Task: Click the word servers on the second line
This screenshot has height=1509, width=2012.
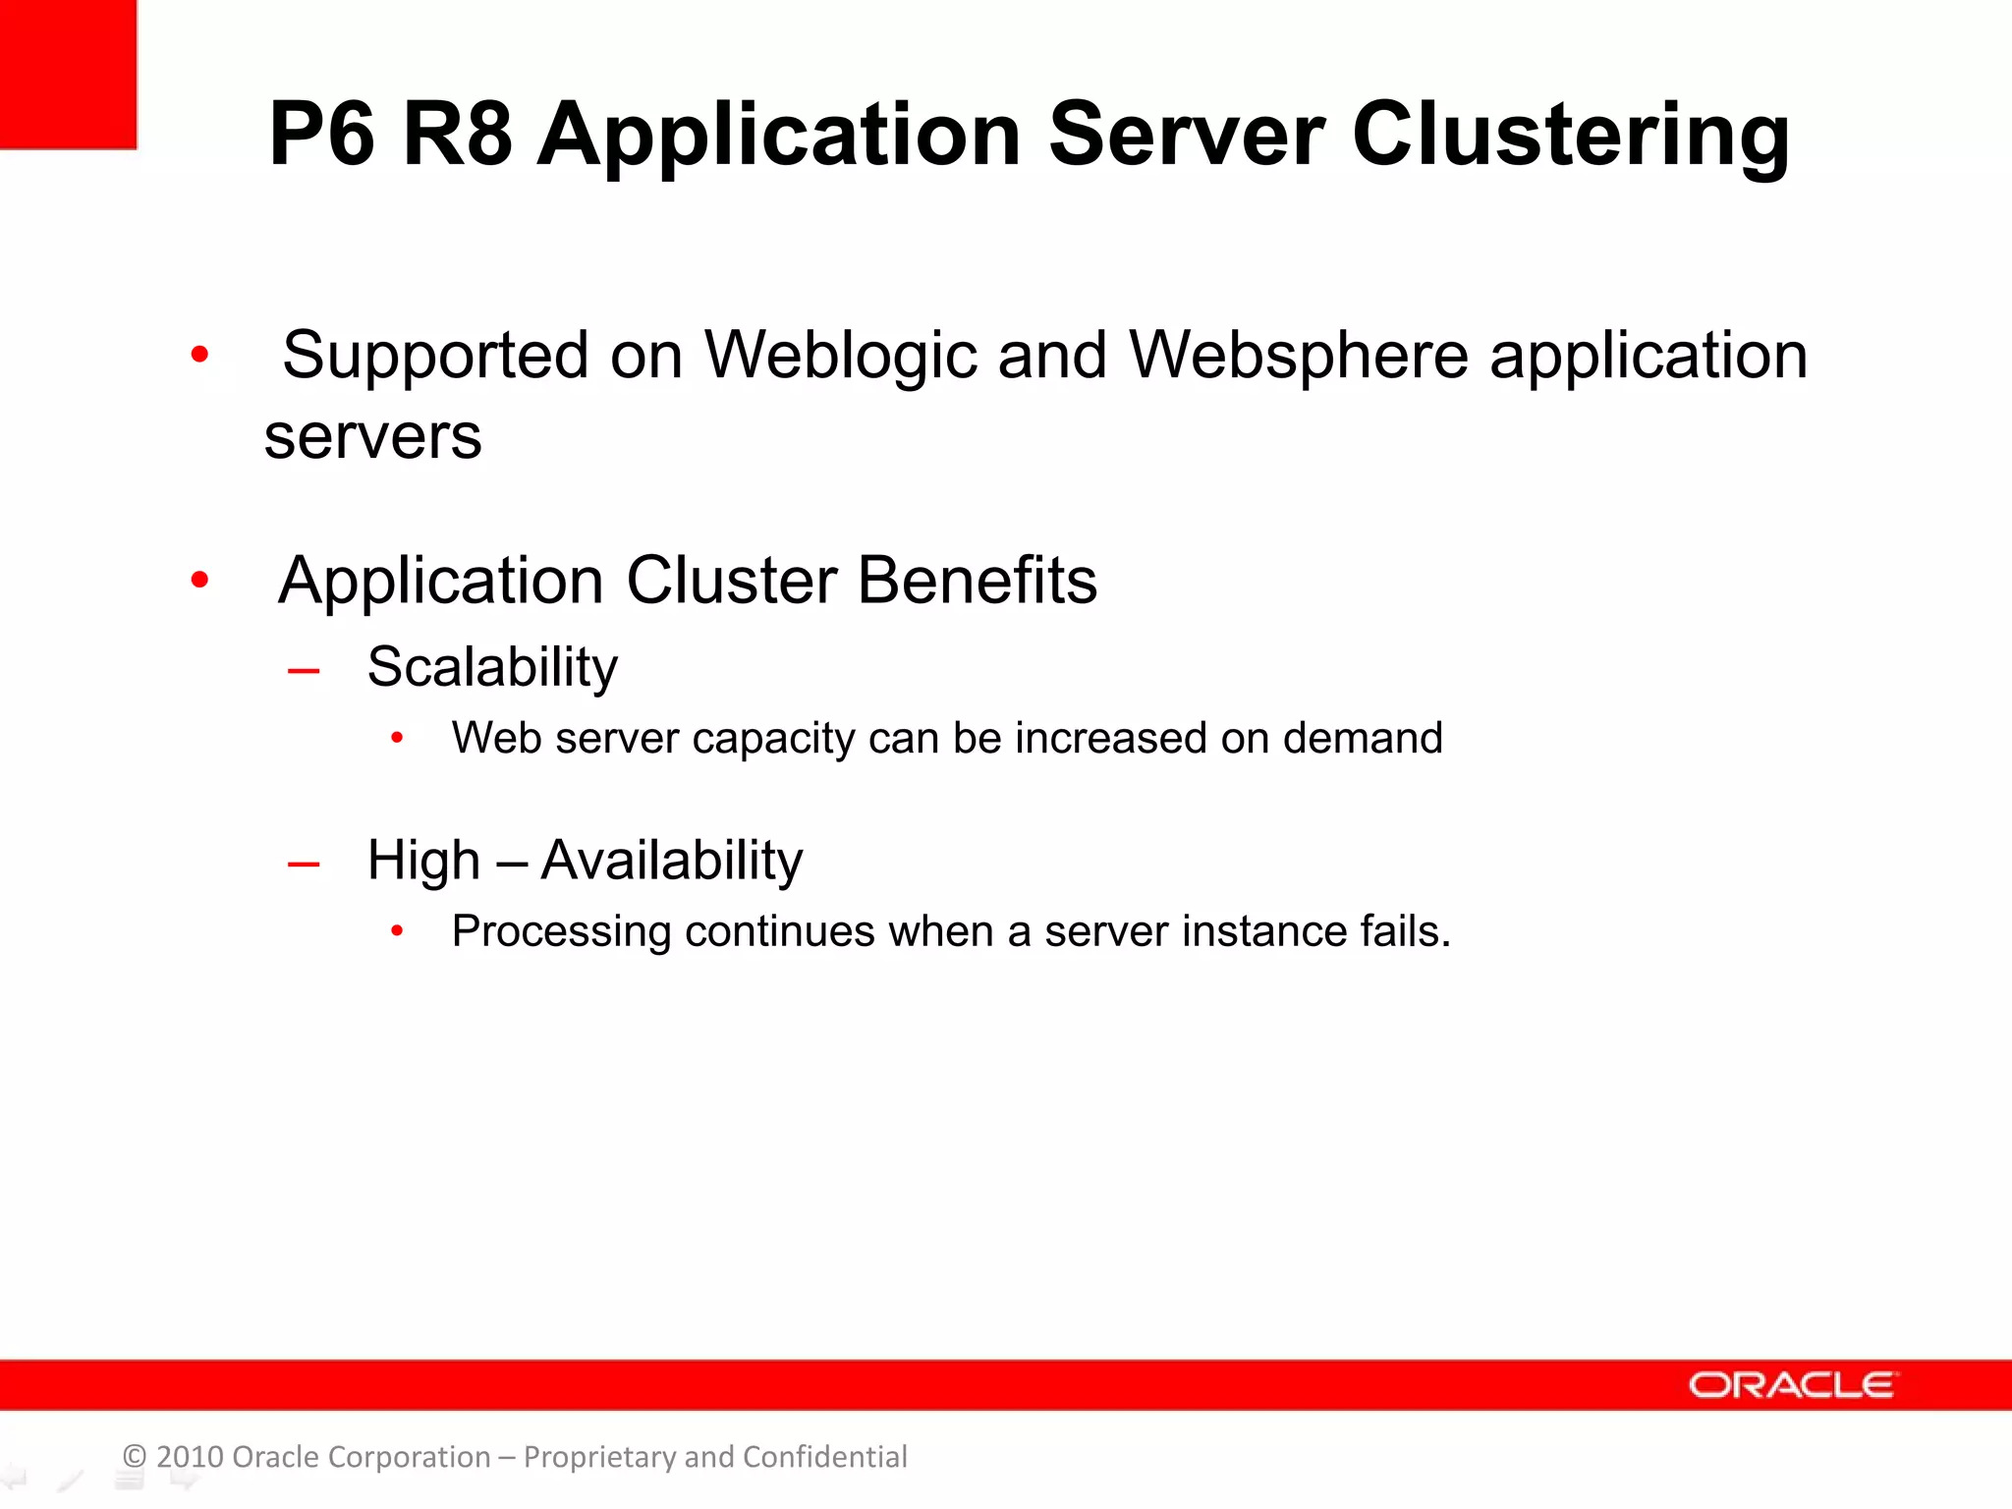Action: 373,437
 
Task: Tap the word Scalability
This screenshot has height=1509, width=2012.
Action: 492,668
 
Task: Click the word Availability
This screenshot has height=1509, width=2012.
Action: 672,861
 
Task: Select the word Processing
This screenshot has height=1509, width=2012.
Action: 561,932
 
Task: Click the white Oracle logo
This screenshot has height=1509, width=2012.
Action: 1792,1385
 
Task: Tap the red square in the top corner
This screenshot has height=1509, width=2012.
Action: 67,74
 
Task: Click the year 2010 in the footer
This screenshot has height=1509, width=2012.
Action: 190,1457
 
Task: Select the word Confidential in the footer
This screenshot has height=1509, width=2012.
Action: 824,1457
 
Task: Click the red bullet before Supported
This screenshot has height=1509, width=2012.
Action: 199,355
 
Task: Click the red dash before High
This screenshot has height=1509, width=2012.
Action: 304,866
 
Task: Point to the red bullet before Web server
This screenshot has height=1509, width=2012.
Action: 397,738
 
